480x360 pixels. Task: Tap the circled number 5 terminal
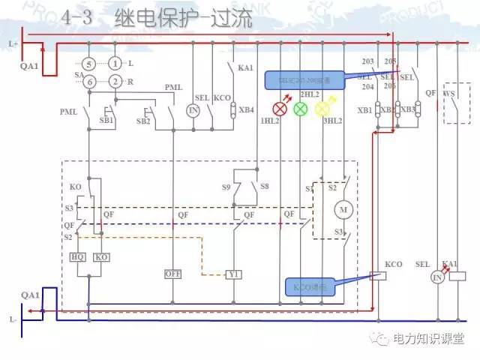coord(88,64)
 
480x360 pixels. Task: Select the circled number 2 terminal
coord(115,81)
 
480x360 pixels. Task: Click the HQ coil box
coord(78,256)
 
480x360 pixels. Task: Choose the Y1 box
coord(234,274)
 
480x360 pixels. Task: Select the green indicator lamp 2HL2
coord(301,109)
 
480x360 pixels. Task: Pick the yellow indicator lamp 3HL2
coord(322,109)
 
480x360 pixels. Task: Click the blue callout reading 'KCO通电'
coord(310,285)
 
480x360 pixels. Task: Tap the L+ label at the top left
coord(13,44)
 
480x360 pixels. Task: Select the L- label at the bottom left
coord(13,319)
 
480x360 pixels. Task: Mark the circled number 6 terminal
coord(88,81)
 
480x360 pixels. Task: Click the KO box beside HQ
coord(101,256)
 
